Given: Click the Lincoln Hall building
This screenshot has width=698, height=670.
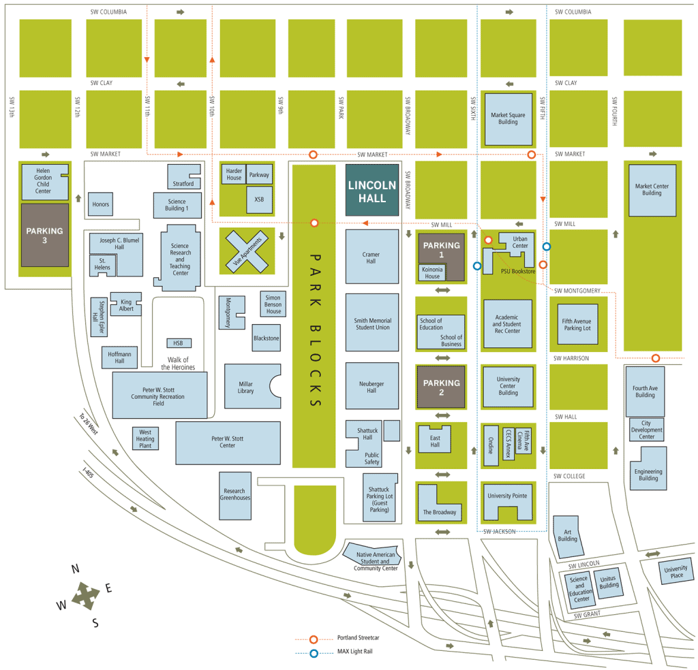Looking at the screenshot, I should click(371, 190).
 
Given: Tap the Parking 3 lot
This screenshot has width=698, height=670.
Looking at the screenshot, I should click(45, 235).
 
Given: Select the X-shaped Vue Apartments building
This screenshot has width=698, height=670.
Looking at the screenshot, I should click(247, 251).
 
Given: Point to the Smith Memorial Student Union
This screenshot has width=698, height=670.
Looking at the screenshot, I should click(372, 323).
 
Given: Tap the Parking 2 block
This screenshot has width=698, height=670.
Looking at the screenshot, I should click(441, 387).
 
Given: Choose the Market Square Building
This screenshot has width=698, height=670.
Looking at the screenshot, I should click(508, 119).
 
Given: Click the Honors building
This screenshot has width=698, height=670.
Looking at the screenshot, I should click(100, 204).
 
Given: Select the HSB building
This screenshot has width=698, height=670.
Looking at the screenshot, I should click(179, 343).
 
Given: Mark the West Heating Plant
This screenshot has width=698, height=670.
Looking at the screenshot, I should click(145, 439).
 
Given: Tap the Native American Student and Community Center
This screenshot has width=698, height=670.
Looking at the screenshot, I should click(374, 559).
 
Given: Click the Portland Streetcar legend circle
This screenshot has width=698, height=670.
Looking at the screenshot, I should click(314, 639).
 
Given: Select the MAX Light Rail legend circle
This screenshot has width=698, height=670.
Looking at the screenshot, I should click(314, 654).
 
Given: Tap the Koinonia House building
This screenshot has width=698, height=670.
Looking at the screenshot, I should click(432, 273).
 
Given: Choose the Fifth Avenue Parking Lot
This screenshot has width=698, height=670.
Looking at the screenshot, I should click(577, 323).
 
